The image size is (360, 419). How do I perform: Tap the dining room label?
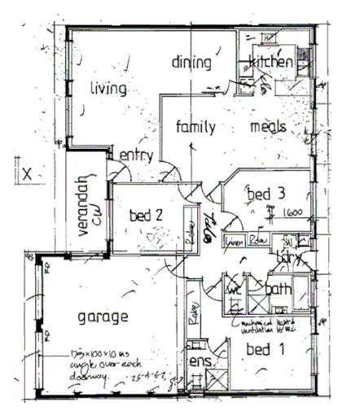pos(192,63)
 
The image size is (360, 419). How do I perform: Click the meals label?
pos(267,127)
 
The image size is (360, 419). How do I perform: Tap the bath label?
pos(279,289)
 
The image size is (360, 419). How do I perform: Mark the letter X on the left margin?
pos(27,172)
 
